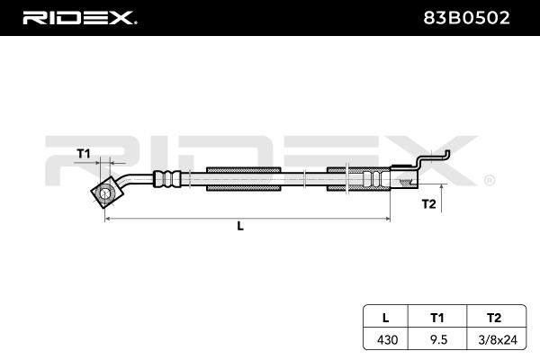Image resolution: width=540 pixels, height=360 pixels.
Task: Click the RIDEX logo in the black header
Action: point(79,18)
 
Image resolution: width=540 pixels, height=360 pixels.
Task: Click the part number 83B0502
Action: point(466,18)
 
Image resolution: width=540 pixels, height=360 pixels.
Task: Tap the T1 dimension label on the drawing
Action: point(84,153)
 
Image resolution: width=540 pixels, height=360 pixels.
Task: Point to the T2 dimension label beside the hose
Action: point(428,204)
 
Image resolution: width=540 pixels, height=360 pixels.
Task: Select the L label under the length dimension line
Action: point(240,226)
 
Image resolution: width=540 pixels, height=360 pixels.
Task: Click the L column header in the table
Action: point(386,318)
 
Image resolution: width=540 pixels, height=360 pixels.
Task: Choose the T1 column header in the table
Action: point(437,318)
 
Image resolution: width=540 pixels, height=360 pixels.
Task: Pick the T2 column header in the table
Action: point(494,318)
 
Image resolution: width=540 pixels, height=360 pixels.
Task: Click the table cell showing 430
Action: point(387,340)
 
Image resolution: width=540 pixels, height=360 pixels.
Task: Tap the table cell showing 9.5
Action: point(439,340)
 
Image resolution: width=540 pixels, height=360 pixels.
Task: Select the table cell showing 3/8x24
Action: point(498,340)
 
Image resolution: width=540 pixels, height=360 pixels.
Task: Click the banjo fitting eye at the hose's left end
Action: point(105,193)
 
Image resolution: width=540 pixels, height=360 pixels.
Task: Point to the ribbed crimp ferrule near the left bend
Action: point(167,179)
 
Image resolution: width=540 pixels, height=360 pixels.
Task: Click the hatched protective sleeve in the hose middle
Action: point(243,179)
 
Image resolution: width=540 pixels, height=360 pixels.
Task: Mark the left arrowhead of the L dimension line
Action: point(107,219)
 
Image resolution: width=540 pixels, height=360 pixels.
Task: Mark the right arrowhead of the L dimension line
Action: point(387,219)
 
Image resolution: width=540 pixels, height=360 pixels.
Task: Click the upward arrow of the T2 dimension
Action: point(442,198)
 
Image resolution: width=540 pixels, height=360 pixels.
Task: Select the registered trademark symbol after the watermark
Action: point(490,180)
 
